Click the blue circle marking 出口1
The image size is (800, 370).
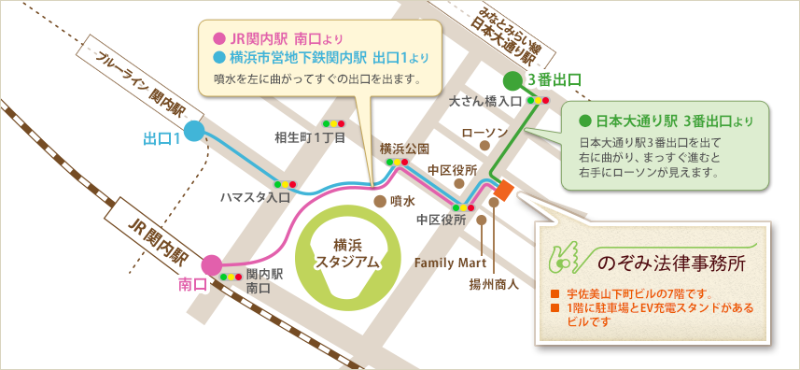(x=194, y=131)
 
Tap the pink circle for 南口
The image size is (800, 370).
(x=212, y=265)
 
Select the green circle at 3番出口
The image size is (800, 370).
(x=513, y=80)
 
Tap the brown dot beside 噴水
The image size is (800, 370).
(x=379, y=200)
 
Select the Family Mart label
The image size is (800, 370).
(x=445, y=262)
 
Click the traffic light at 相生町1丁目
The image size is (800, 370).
(x=333, y=123)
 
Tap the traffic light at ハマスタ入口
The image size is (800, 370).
(x=284, y=184)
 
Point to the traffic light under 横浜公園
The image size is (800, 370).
(x=398, y=162)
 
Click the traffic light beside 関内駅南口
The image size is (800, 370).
(x=232, y=277)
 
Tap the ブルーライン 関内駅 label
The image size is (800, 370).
(x=141, y=81)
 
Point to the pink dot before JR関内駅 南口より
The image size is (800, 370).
(x=218, y=39)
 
